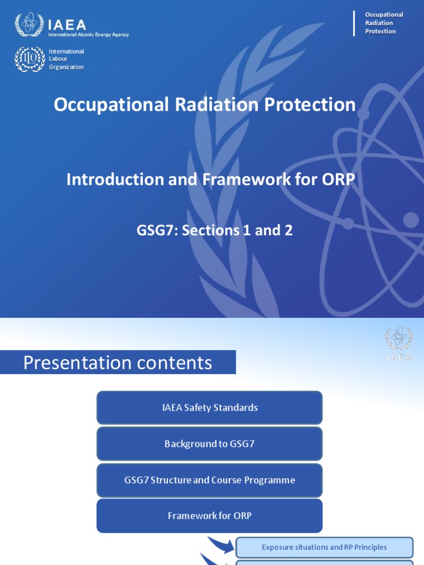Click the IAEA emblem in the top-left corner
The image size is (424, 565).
pyautogui.click(x=29, y=25)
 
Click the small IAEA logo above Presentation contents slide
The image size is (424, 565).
pyautogui.click(x=399, y=339)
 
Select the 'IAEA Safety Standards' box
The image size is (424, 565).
pyautogui.click(x=209, y=408)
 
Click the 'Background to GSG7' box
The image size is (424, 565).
pyautogui.click(x=209, y=444)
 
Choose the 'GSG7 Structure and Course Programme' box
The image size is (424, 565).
pyautogui.click(x=209, y=480)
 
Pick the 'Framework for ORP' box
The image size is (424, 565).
pyautogui.click(x=209, y=516)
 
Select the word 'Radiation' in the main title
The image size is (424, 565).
pyautogui.click(x=215, y=105)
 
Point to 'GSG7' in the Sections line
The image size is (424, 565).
pyautogui.click(x=156, y=230)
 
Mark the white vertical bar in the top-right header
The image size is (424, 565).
pyautogui.click(x=354, y=23)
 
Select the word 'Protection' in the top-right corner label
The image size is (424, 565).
pyautogui.click(x=380, y=31)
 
